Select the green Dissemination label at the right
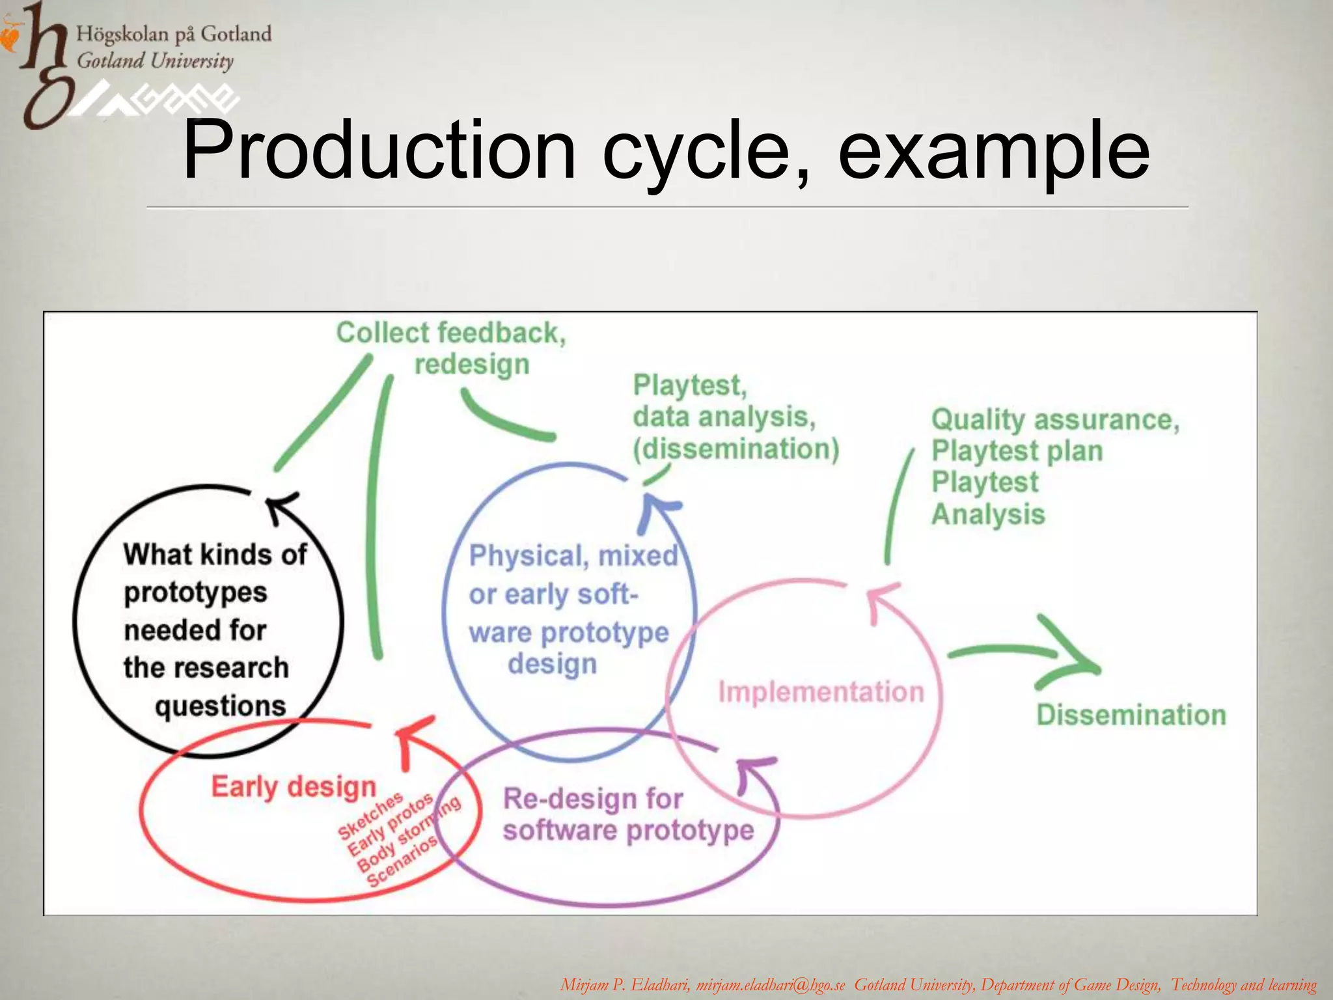coord(1131,715)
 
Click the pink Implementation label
coord(821,691)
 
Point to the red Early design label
coord(294,786)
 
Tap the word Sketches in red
coord(370,815)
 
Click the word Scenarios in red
coord(402,861)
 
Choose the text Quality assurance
coord(1054,419)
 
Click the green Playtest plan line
coord(1017,451)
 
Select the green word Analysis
coord(987,514)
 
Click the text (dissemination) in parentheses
coord(736,449)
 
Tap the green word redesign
coord(472,365)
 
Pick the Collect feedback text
coord(450,333)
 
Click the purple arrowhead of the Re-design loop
coord(755,771)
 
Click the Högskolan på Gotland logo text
coord(174,33)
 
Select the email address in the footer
coord(770,985)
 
